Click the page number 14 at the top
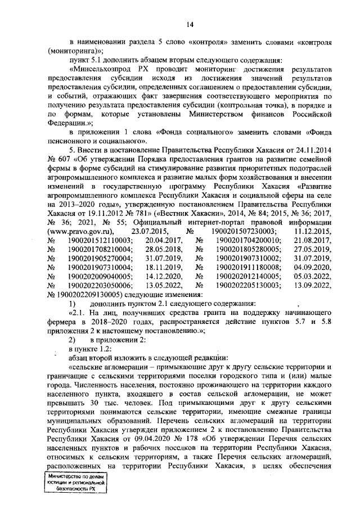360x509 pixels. pos(190,24)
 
